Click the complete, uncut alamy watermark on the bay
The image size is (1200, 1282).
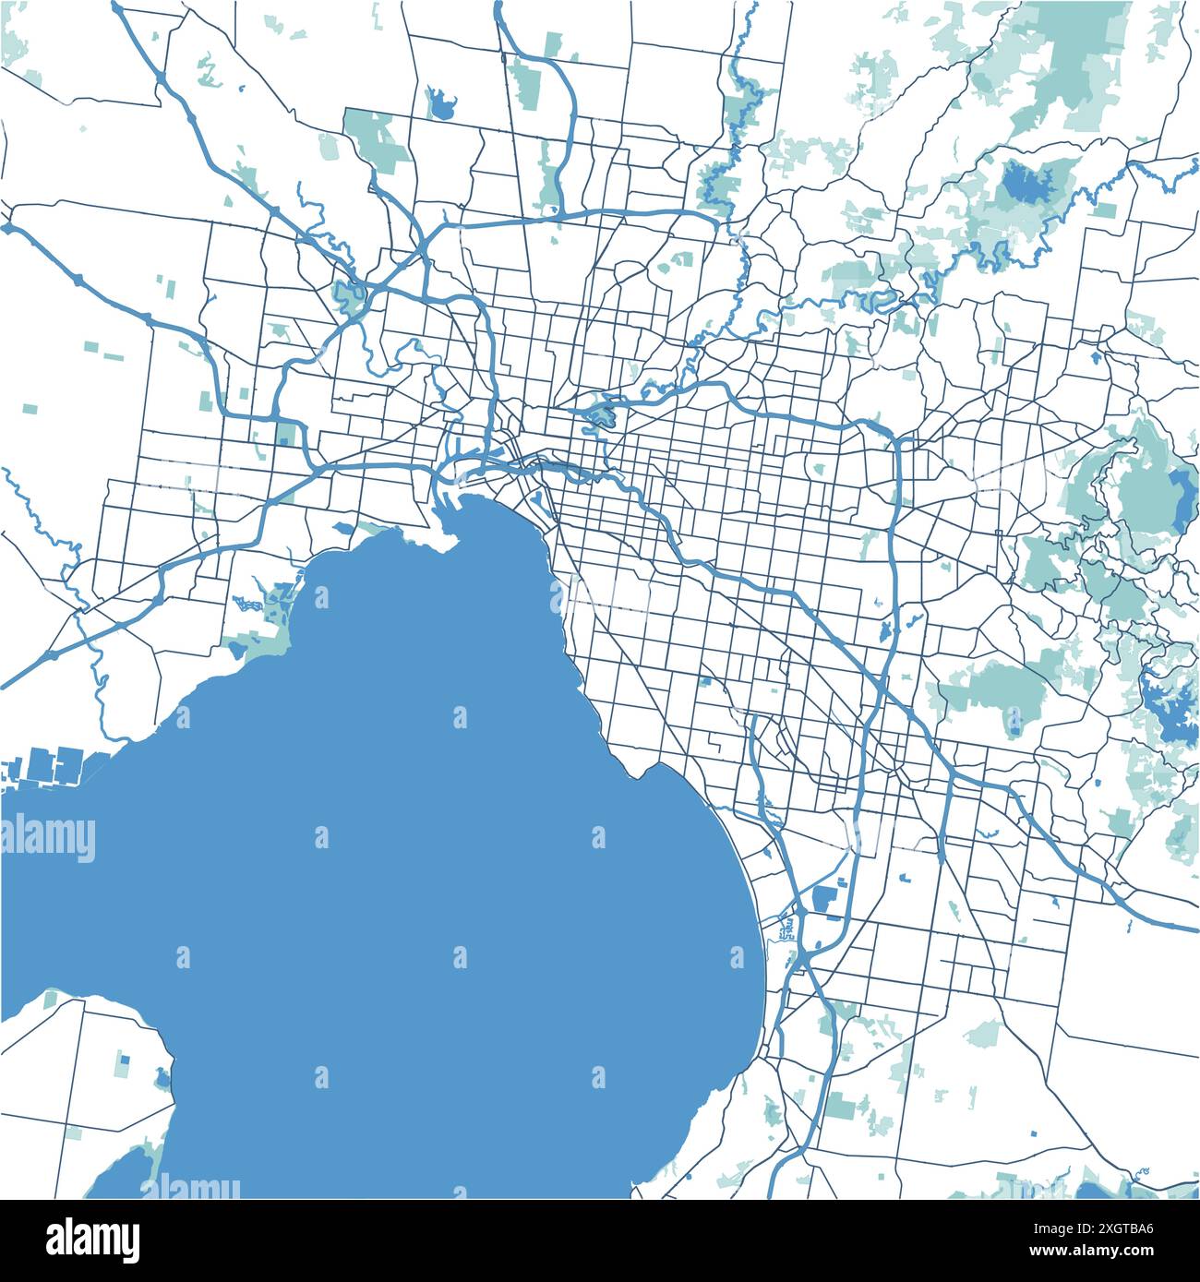(x=48, y=838)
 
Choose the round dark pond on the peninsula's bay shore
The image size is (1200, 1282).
(x=162, y=1077)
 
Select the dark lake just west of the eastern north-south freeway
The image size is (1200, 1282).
(x=884, y=633)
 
